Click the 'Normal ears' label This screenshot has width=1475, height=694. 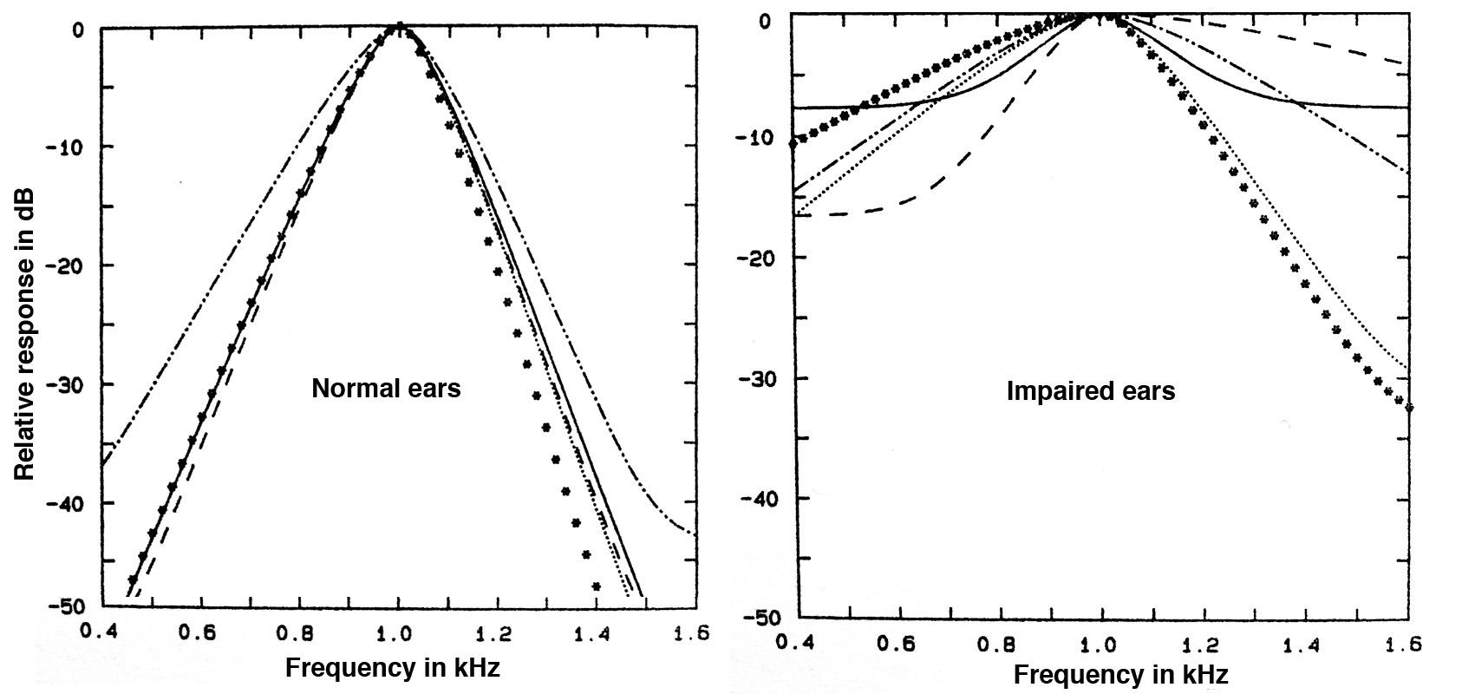386,388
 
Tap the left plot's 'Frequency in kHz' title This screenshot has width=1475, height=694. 392,668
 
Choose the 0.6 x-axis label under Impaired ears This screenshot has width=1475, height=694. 901,645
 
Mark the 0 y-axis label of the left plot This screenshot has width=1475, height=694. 77,29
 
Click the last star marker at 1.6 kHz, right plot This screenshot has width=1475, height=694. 1408,407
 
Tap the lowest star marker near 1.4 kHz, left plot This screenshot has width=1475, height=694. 597,586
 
